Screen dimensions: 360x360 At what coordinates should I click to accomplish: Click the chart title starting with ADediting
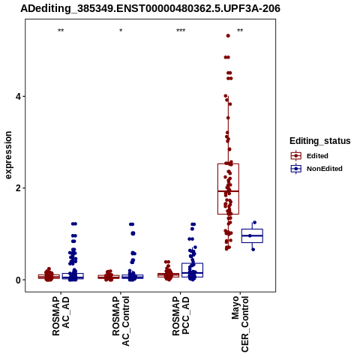point(150,8)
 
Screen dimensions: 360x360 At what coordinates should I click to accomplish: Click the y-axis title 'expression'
point(8,155)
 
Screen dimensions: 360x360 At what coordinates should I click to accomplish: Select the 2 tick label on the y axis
point(18,188)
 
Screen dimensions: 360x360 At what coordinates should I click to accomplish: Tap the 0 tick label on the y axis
point(18,280)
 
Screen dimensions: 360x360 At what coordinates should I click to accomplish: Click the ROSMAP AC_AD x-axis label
point(61,316)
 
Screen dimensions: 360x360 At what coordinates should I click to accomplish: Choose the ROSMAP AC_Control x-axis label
point(121,321)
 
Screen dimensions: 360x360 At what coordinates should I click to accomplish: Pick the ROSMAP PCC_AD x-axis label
point(181,316)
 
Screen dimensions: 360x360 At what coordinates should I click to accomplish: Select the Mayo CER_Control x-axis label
point(240,324)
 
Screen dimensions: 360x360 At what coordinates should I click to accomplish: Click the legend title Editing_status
point(320,141)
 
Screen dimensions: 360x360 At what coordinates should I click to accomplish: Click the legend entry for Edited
point(310,156)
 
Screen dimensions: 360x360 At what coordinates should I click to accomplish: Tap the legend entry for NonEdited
point(316,169)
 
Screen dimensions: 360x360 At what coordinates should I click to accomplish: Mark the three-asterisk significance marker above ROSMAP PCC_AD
point(181,31)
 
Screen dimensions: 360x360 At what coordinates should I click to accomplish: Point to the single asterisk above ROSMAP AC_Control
point(121,31)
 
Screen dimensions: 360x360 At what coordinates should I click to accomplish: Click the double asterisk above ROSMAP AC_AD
point(61,31)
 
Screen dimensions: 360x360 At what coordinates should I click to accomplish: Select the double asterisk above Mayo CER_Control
point(240,31)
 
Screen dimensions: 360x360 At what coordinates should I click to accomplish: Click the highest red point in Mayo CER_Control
point(228,36)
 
